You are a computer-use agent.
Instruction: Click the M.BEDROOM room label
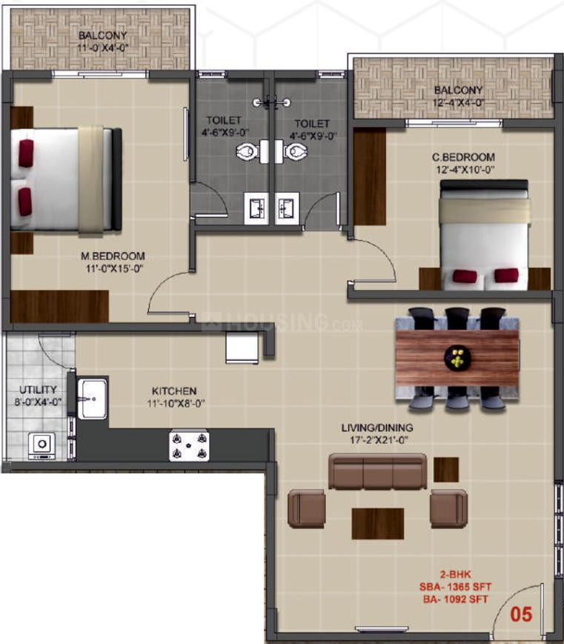[113, 256]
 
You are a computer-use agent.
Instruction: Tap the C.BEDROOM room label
[463, 157]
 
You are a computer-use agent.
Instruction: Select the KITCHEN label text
[174, 391]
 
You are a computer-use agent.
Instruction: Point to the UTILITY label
[39, 389]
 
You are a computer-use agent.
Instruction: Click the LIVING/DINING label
[377, 428]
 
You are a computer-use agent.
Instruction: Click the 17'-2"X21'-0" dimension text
[379, 440]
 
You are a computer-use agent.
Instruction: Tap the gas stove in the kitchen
[189, 446]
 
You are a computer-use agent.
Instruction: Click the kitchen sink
[93, 399]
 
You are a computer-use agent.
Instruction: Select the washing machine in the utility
[42, 446]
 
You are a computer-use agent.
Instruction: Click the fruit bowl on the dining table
[457, 359]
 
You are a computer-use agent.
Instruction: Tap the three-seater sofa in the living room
[378, 471]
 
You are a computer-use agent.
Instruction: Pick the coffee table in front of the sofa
[378, 524]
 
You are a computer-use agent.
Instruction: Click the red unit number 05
[521, 614]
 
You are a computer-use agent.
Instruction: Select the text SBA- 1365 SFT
[455, 587]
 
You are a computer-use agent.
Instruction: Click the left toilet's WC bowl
[248, 152]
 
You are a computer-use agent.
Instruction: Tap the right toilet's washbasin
[286, 209]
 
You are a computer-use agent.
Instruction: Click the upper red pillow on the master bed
[26, 153]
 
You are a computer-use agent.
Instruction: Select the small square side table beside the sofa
[446, 469]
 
